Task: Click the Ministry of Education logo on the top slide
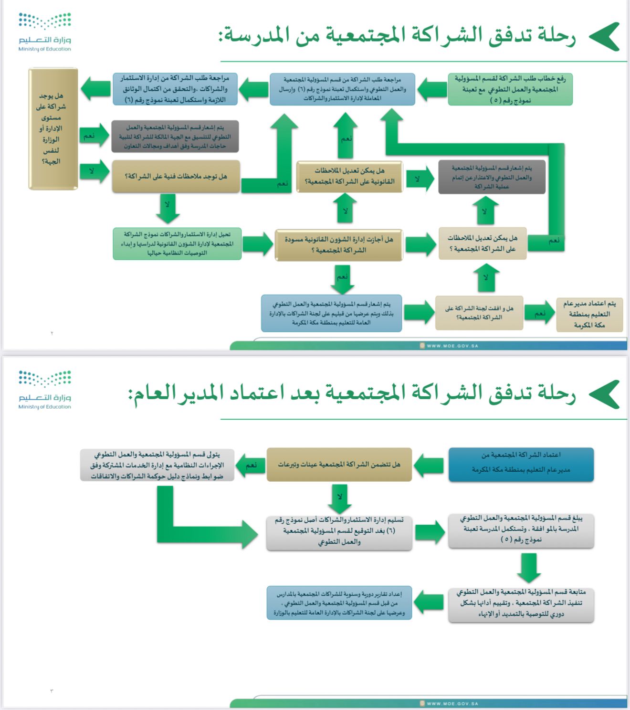[45, 32]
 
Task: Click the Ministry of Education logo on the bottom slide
[45, 390]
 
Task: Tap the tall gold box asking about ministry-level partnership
[53, 129]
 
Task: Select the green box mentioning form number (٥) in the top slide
[510, 89]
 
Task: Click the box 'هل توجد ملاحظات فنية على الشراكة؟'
[176, 177]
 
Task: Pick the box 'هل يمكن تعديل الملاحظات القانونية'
[349, 176]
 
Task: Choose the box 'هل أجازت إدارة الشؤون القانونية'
[339, 245]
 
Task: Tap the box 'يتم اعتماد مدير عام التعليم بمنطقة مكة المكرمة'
[589, 314]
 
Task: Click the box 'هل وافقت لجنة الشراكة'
[479, 313]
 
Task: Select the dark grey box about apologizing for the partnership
[492, 177]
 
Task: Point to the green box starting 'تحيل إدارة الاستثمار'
[177, 244]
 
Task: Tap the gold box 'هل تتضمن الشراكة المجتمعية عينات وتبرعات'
[339, 464]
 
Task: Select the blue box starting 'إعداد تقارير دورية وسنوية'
[339, 603]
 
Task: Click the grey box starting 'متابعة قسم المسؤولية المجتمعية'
[521, 603]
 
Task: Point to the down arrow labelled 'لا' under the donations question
[339, 498]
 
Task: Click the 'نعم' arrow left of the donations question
[251, 465]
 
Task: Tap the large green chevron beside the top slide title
[604, 37]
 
